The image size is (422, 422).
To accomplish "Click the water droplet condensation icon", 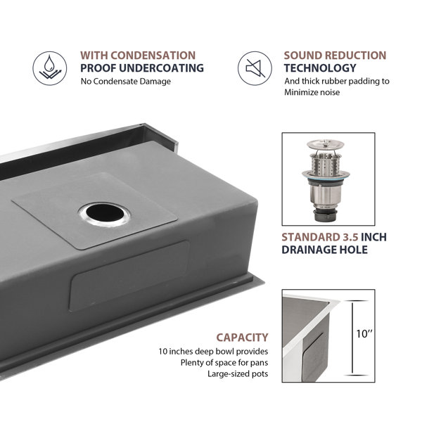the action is pyautogui.click(x=50, y=68).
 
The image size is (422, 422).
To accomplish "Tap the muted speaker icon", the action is pyautogui.click(x=255, y=68).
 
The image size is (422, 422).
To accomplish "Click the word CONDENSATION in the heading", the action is pyautogui.click(x=153, y=56).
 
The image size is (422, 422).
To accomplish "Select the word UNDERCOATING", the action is pyautogui.click(x=161, y=68).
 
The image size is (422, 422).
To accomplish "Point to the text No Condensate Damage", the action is pyautogui.click(x=126, y=82).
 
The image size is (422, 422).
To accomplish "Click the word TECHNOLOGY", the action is pyautogui.click(x=320, y=68).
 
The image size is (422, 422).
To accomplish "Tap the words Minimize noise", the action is pyautogui.click(x=312, y=92).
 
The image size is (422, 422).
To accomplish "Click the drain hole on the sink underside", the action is pyautogui.click(x=105, y=215).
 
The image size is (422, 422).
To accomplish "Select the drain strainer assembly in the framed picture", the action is pyautogui.click(x=326, y=180).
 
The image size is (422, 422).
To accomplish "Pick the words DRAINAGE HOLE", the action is pyautogui.click(x=324, y=250).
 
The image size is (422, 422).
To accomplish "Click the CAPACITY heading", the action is pyautogui.click(x=242, y=338).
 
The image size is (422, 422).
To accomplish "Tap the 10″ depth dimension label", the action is pyautogui.click(x=364, y=334).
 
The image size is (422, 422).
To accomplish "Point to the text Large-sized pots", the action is pyautogui.click(x=238, y=374).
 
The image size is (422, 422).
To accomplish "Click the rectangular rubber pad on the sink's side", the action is pyautogui.click(x=129, y=276).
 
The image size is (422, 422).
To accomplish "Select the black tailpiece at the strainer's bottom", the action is pyautogui.click(x=325, y=215).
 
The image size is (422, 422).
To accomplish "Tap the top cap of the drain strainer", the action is pyautogui.click(x=326, y=144).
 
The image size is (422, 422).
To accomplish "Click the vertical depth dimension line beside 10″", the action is pyautogui.click(x=352, y=338).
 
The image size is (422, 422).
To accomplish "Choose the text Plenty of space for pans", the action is pyautogui.click(x=224, y=362).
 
